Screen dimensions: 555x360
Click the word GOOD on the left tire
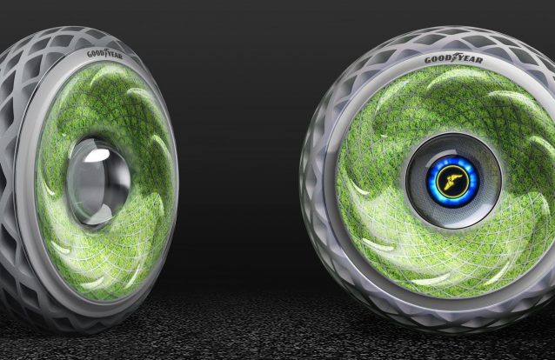[95, 54]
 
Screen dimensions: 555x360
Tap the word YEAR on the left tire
[115, 56]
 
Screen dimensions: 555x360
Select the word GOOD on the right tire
[438, 59]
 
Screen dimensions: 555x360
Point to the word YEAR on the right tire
[470, 59]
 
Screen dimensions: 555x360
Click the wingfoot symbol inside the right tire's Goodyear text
[454, 57]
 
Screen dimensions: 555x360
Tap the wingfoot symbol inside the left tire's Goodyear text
[104, 53]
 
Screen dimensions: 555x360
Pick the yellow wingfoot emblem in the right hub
[452, 181]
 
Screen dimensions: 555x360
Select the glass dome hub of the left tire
[98, 182]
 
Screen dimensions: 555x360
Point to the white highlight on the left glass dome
[97, 156]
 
